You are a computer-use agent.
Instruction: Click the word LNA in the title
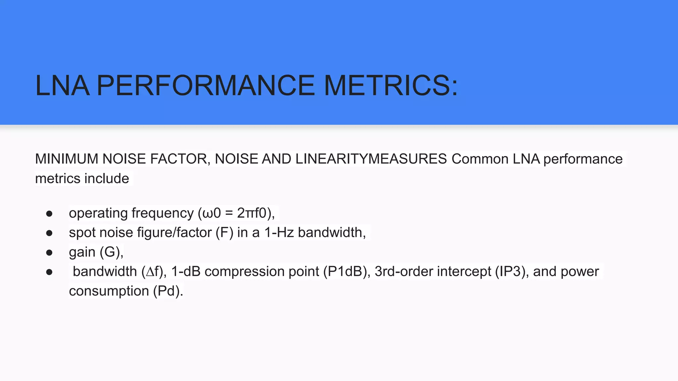[x=62, y=86]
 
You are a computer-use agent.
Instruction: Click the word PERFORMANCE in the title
[x=205, y=86]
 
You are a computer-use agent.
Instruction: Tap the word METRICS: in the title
[x=391, y=86]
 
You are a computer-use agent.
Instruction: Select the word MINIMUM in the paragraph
[x=67, y=159]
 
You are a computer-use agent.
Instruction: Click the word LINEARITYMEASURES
[x=371, y=159]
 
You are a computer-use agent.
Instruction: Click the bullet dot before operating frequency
[x=49, y=214]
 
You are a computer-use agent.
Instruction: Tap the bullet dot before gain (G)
[x=49, y=253]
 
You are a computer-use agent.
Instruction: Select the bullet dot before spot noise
[x=49, y=233]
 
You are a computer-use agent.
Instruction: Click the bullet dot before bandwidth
[x=49, y=273]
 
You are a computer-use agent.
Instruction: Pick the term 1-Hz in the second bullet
[x=279, y=233]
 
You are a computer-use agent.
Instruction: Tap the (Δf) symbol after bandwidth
[x=153, y=272]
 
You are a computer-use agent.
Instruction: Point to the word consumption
[x=109, y=291]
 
